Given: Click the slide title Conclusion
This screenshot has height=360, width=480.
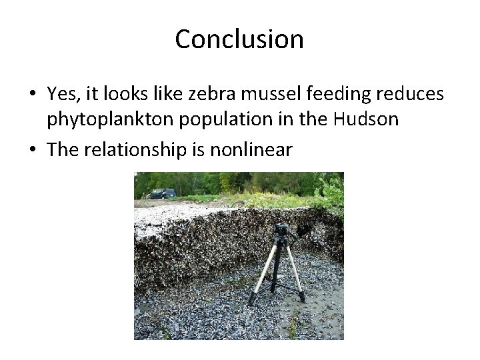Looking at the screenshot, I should (x=239, y=39).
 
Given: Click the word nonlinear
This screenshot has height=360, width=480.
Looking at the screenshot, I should (x=251, y=149).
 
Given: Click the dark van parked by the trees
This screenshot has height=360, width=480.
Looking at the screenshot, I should (x=162, y=193).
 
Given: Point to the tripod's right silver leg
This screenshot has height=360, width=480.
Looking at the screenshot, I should (x=294, y=270).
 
